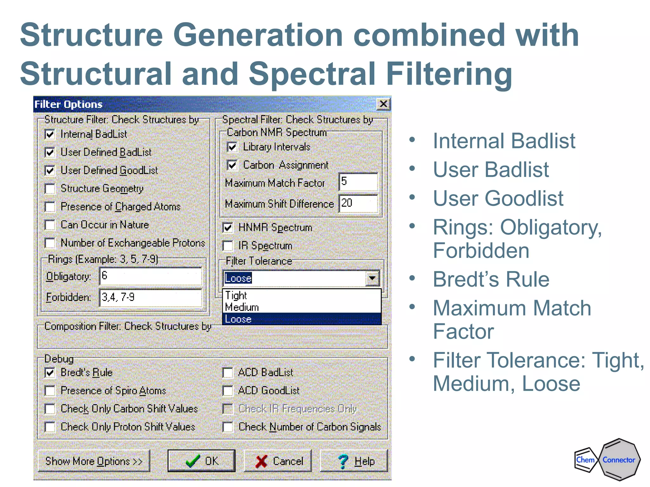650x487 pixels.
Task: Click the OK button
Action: coord(201,461)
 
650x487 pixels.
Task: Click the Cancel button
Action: coord(278,461)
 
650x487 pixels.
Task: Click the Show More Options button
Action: coord(94,461)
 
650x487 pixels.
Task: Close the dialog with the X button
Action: coord(383,104)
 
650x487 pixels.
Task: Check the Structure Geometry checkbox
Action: coord(50,189)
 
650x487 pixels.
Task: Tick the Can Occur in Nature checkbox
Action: coord(50,225)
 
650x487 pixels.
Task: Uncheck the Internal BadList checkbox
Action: coord(50,134)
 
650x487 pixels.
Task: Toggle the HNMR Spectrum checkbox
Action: coord(228,228)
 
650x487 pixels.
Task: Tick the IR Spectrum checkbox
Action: coord(228,246)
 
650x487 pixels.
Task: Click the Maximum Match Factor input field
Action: coord(358,182)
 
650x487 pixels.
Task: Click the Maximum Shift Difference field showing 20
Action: coord(358,203)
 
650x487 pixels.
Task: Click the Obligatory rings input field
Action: coord(150,276)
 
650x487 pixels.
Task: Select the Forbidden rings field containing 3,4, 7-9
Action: coord(150,297)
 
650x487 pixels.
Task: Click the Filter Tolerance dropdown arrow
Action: coord(372,278)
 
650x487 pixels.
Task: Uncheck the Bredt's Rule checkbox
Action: coord(50,373)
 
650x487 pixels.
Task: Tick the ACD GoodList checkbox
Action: coord(228,391)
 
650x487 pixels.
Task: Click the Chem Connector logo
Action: coord(607,459)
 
